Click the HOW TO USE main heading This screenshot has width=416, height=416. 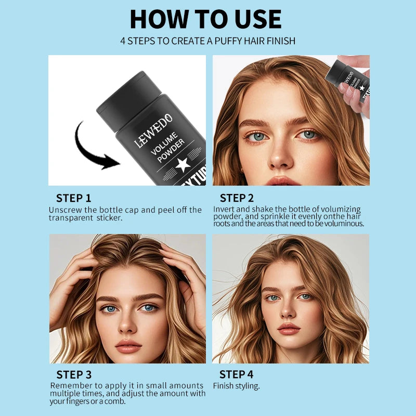click(205, 19)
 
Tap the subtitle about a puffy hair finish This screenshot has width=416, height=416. click(207, 41)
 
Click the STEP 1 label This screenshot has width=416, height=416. click(73, 198)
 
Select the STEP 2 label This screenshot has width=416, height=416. click(237, 198)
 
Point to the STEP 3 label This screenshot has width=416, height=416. click(74, 374)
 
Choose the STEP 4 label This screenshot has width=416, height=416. click(236, 374)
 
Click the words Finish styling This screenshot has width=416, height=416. click(236, 386)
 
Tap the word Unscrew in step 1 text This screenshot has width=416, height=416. click(65, 210)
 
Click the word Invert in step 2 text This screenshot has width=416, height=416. click(224, 209)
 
